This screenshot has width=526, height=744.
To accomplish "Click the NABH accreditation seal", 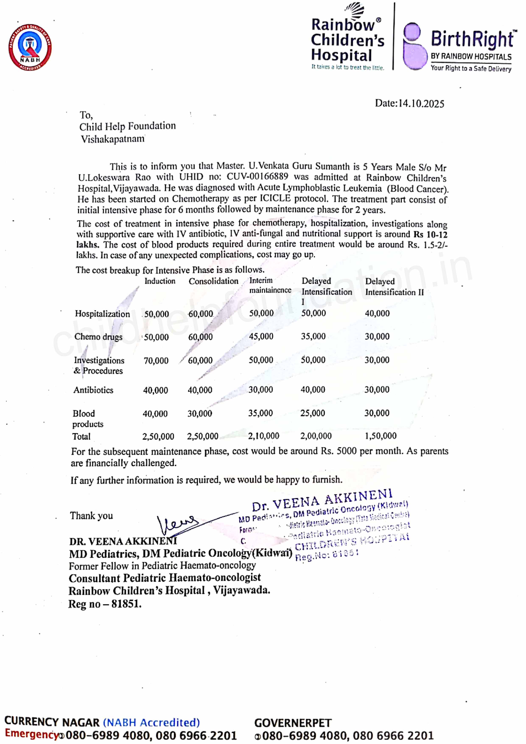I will pos(30,47).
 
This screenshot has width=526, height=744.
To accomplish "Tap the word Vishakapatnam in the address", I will pos(112,139).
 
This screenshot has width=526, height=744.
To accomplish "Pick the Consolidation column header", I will pos(213,281).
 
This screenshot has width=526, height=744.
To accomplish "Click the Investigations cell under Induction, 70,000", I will pos(156,360).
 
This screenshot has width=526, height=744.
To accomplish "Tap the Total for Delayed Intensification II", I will pos(381,436).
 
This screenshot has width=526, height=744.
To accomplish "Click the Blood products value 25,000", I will pos(312,413).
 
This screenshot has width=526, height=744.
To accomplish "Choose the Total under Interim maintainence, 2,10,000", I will pos(263,436).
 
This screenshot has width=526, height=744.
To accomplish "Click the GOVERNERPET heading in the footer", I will pos(293,723).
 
